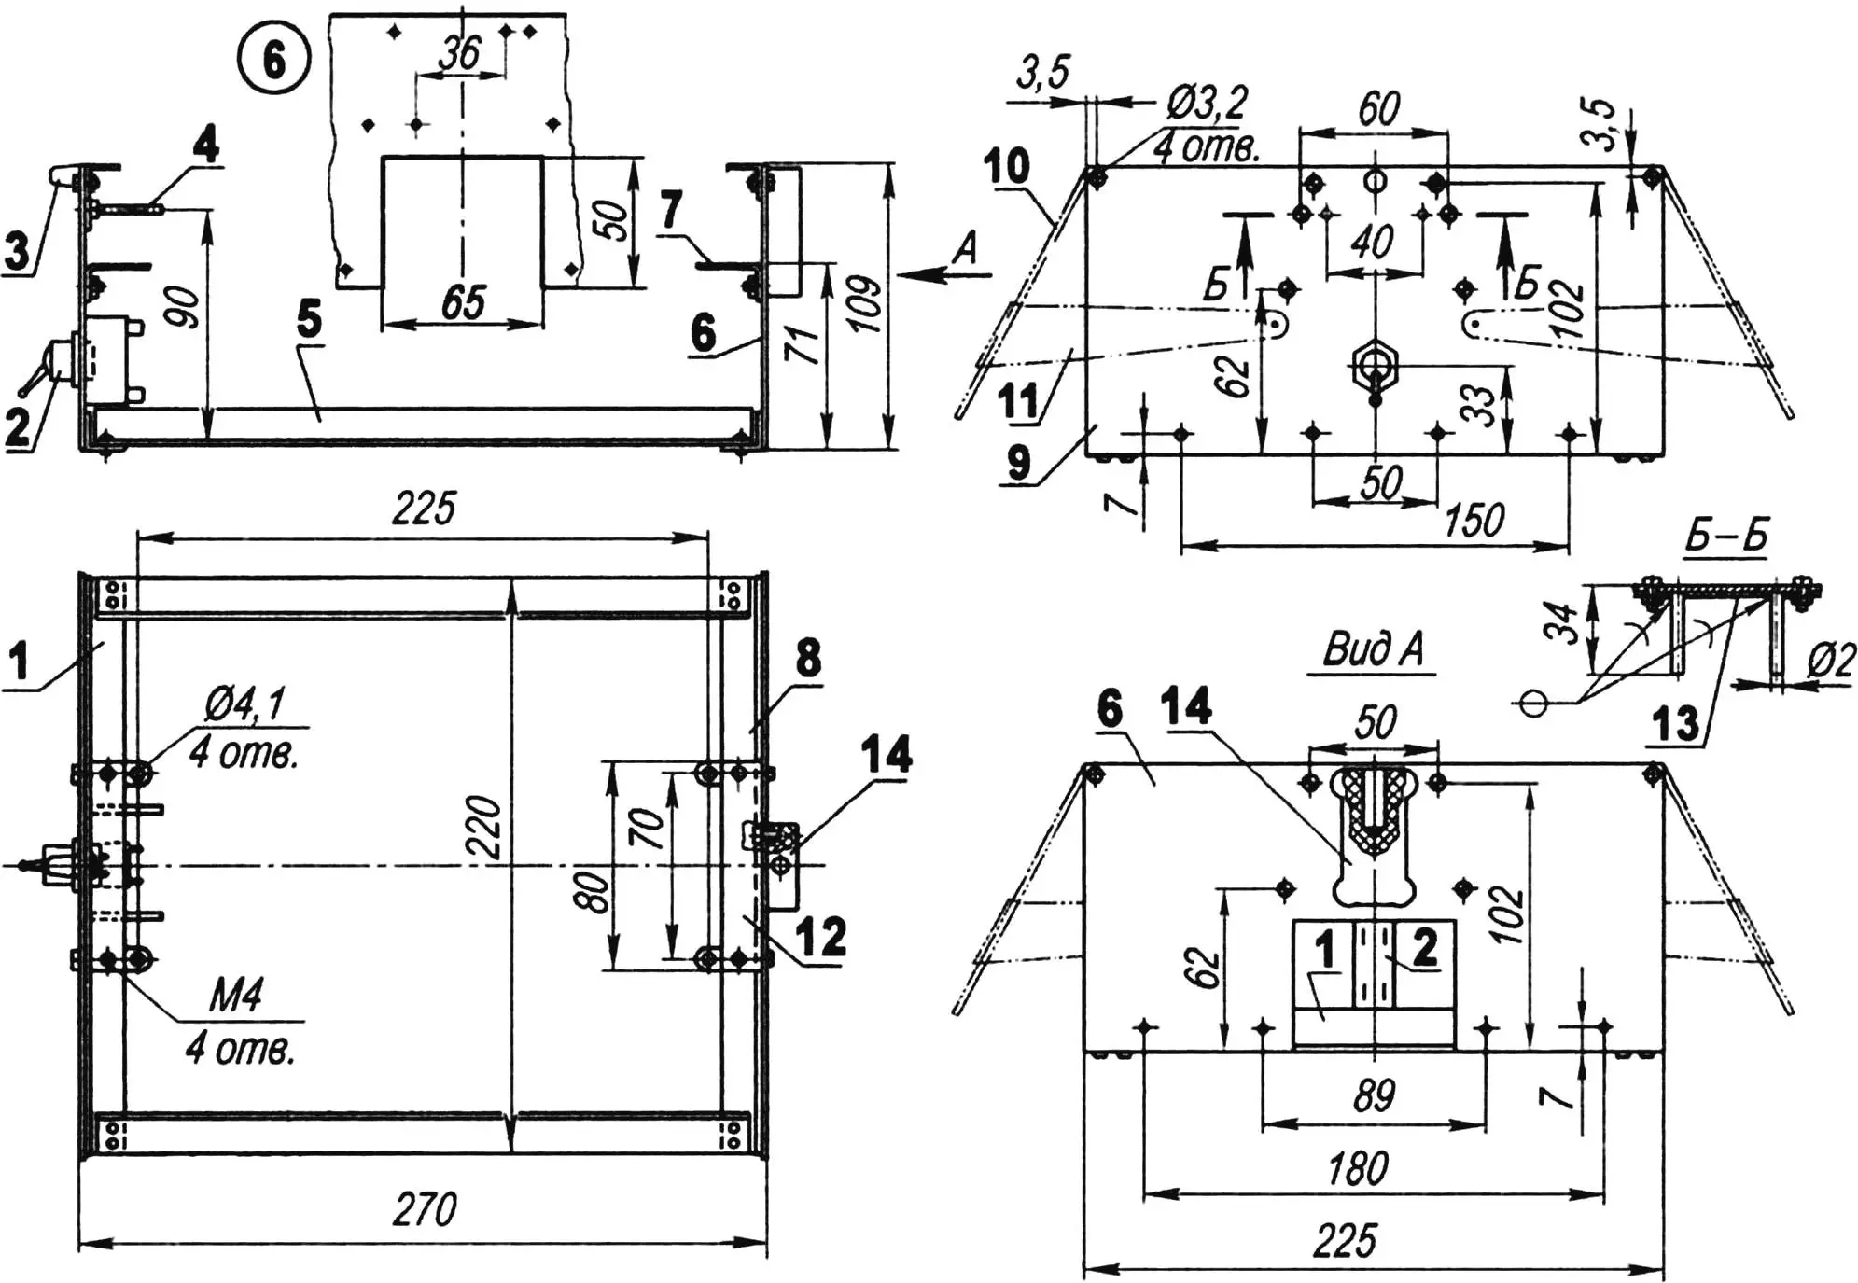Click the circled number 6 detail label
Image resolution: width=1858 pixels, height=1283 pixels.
click(x=273, y=61)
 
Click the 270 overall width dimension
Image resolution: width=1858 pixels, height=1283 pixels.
click(x=425, y=1210)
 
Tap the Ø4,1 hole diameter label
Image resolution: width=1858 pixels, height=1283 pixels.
click(x=245, y=704)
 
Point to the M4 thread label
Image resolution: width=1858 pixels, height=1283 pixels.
click(x=235, y=997)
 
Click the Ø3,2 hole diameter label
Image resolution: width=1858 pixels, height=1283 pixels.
click(x=1207, y=105)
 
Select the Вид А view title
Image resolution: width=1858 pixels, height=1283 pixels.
click(x=1374, y=650)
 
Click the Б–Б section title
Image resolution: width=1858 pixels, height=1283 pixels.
click(x=1725, y=537)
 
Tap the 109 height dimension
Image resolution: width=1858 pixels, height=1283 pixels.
click(x=866, y=304)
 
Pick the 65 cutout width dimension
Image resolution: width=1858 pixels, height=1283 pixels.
click(x=464, y=303)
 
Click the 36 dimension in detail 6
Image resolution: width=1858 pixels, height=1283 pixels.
click(x=460, y=54)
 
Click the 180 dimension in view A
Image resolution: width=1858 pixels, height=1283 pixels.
click(x=1358, y=1168)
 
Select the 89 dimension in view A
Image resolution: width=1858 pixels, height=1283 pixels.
click(x=1374, y=1095)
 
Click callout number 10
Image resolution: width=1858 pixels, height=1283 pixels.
click(x=1007, y=167)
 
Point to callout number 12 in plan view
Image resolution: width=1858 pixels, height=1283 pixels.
click(x=821, y=937)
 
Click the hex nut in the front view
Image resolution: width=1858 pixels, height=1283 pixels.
click(x=1373, y=359)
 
